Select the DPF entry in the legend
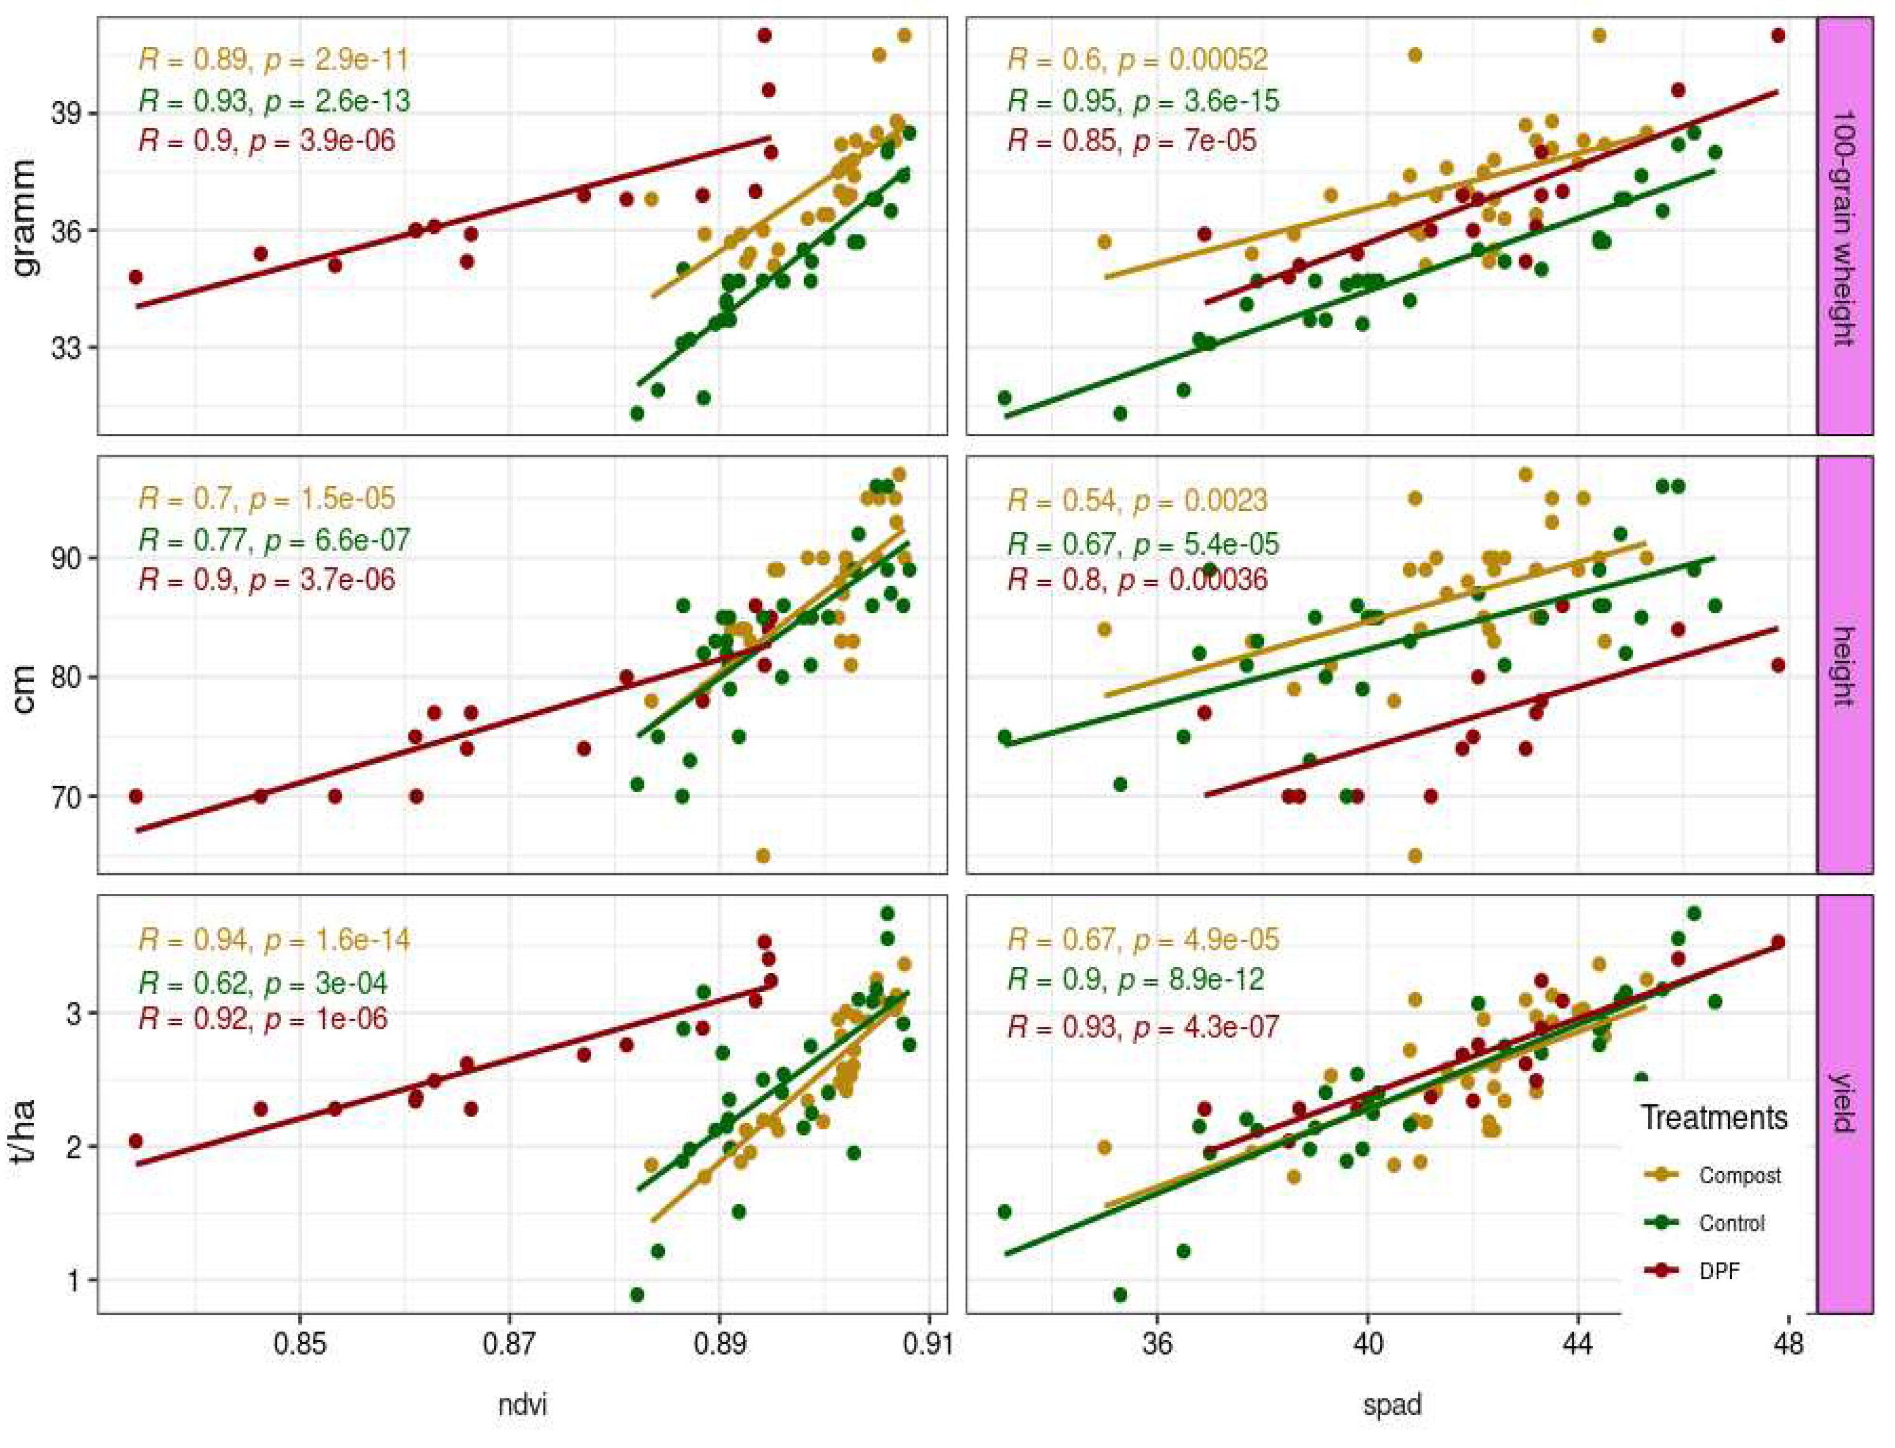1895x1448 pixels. pyautogui.click(x=1719, y=1270)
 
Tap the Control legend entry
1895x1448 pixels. pyautogui.click(x=1731, y=1223)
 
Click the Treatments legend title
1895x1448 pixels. pyautogui.click(x=1713, y=1118)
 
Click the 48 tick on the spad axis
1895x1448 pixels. pyautogui.click(x=1788, y=1345)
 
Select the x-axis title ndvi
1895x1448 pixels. pyautogui.click(x=522, y=1406)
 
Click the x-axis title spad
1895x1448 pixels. pyautogui.click(x=1391, y=1406)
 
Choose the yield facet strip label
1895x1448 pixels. pyautogui.click(x=1844, y=1105)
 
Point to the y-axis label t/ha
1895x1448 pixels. pyautogui.click(x=26, y=1130)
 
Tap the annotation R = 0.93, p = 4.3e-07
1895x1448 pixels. pyautogui.click(x=1142, y=1027)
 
